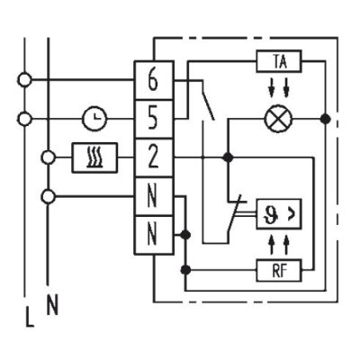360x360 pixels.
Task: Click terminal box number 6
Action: click(154, 80)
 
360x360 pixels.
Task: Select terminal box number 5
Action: click(154, 119)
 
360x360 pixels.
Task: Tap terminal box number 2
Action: click(154, 157)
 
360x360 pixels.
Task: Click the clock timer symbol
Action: click(94, 119)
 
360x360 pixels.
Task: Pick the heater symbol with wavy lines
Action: click(94, 157)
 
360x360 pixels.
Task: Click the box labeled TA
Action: click(279, 61)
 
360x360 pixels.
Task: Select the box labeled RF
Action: click(279, 271)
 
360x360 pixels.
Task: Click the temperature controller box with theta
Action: click(279, 214)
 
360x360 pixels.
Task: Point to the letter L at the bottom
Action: click(30, 316)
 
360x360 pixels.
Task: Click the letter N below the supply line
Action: click(52, 304)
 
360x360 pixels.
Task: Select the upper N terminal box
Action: click(154, 196)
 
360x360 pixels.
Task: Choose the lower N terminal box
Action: click(154, 235)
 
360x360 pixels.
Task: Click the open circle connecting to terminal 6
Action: click(24, 80)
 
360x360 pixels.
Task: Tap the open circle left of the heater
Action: click(48, 157)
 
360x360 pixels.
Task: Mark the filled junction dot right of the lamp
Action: click(325, 119)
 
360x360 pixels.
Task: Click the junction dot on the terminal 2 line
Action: click(229, 157)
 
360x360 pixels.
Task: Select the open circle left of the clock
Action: click(24, 119)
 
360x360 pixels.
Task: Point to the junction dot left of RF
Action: click(186, 270)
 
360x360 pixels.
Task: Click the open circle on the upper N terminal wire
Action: click(48, 197)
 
